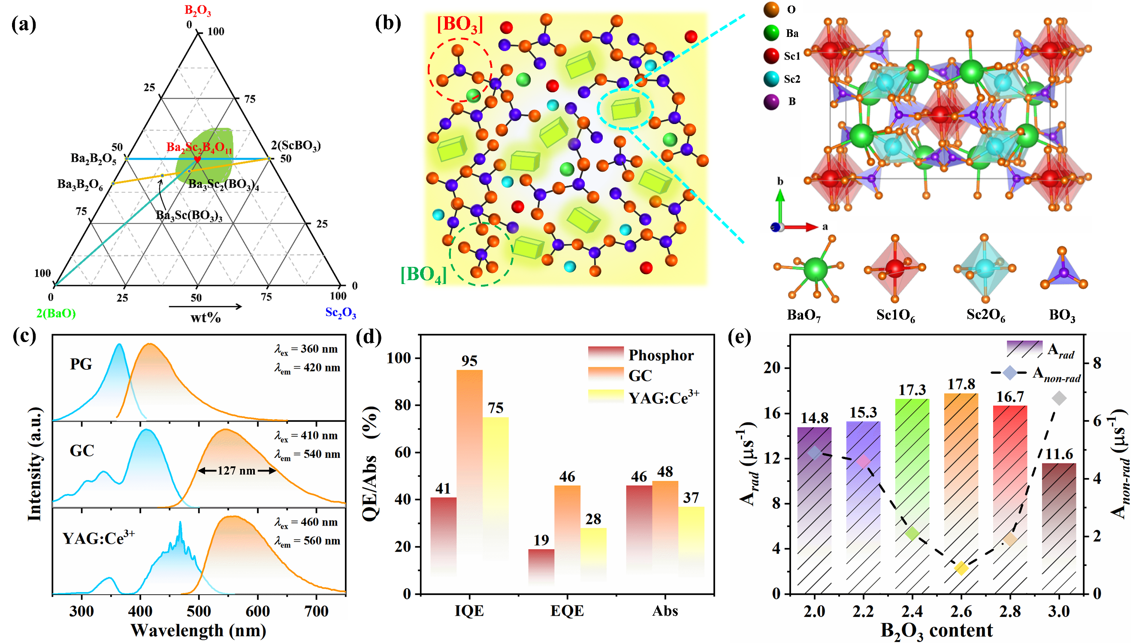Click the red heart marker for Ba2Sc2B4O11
[197, 159]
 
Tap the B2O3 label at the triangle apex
[198, 11]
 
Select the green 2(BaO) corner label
[56, 313]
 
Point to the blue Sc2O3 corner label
[341, 313]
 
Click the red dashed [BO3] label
[459, 25]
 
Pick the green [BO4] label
[423, 275]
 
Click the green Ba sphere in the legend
[772, 33]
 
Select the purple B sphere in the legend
[772, 102]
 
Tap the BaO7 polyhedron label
[804, 315]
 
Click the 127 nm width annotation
[236, 471]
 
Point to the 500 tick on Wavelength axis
[199, 611]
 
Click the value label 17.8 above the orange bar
[961, 384]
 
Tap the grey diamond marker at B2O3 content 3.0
[1059, 399]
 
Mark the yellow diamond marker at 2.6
[961, 568]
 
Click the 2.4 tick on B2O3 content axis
[912, 611]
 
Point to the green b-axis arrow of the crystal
[780, 206]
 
